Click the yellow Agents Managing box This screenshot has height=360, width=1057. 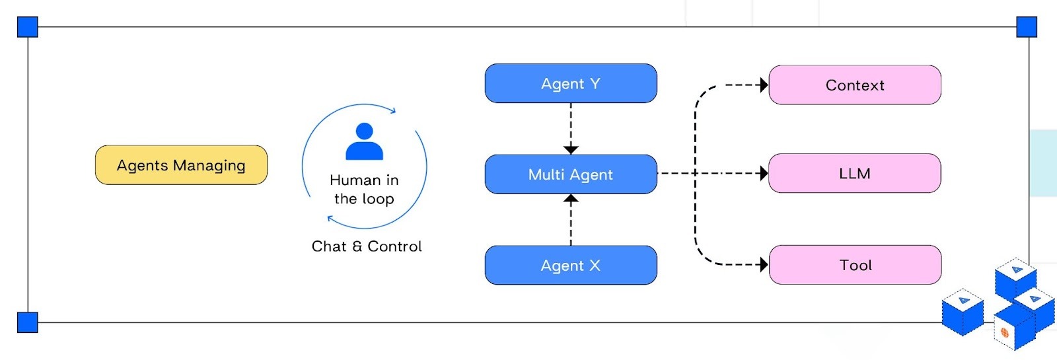click(x=181, y=165)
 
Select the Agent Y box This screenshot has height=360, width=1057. click(x=571, y=84)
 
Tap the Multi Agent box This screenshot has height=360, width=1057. click(x=571, y=174)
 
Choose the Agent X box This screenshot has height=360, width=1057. click(x=571, y=266)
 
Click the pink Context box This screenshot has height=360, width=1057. click(x=855, y=85)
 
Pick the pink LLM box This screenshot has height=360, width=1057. click(x=855, y=174)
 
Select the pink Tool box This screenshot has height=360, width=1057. click(x=855, y=265)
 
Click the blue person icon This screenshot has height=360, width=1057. click(x=364, y=141)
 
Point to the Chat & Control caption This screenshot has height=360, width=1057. click(x=367, y=246)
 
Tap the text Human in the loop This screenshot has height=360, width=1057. click(x=364, y=190)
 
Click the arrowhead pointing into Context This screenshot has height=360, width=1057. click(x=764, y=85)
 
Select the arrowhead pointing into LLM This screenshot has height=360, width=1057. click(x=764, y=174)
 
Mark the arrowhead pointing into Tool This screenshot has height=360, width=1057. click(x=764, y=265)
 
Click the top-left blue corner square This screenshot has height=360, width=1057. click(x=28, y=27)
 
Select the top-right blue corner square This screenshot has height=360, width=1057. click(x=1027, y=27)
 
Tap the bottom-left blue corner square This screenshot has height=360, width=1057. click(x=28, y=322)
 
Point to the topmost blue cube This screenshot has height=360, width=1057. click(x=1016, y=277)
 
